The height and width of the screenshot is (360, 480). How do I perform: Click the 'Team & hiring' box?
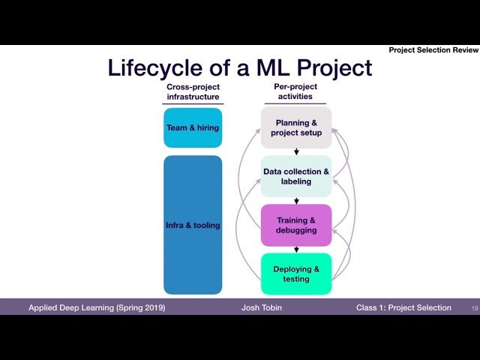(193, 127)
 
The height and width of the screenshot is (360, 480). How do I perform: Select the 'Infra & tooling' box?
(193, 225)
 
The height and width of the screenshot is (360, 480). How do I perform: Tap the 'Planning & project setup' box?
(296, 127)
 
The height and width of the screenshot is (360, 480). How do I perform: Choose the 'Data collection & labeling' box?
(296, 176)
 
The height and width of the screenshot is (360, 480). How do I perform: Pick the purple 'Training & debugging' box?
(296, 225)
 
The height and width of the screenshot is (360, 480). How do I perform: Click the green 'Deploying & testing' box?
(296, 274)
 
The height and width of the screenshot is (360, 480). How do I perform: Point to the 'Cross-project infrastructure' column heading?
(193, 92)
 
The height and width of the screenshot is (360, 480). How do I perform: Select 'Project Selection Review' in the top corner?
(433, 50)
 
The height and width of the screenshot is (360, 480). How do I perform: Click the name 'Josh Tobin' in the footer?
(261, 308)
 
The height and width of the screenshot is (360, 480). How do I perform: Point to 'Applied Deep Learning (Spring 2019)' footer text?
(97, 308)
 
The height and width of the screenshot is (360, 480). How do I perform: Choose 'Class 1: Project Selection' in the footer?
(403, 308)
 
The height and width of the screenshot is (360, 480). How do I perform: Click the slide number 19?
(474, 308)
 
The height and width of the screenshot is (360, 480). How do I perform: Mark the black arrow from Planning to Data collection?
(296, 151)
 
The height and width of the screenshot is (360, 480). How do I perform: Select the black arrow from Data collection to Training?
(296, 200)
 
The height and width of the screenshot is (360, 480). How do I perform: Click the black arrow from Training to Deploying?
(296, 250)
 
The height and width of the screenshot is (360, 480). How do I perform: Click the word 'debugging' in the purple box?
(296, 230)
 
